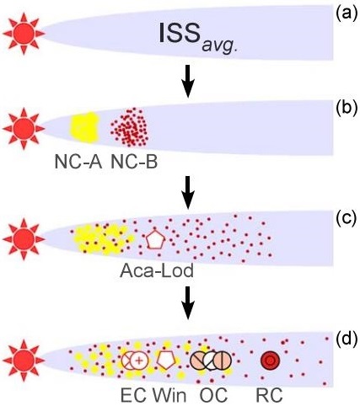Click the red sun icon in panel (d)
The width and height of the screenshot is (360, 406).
click(20, 359)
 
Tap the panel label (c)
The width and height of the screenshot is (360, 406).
click(344, 214)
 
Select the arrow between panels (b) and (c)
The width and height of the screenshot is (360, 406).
click(189, 189)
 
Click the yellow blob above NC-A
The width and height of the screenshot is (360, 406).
click(86, 127)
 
